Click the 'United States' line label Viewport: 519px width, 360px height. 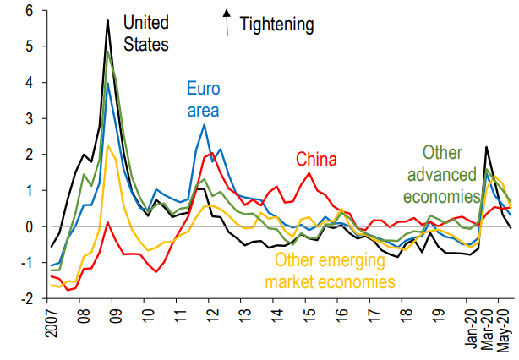(x=146, y=32)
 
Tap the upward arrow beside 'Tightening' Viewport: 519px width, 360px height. (x=227, y=20)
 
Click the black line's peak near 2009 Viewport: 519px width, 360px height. (x=108, y=20)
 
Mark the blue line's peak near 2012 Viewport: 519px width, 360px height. (x=204, y=125)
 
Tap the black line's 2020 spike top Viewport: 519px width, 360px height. (x=487, y=147)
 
